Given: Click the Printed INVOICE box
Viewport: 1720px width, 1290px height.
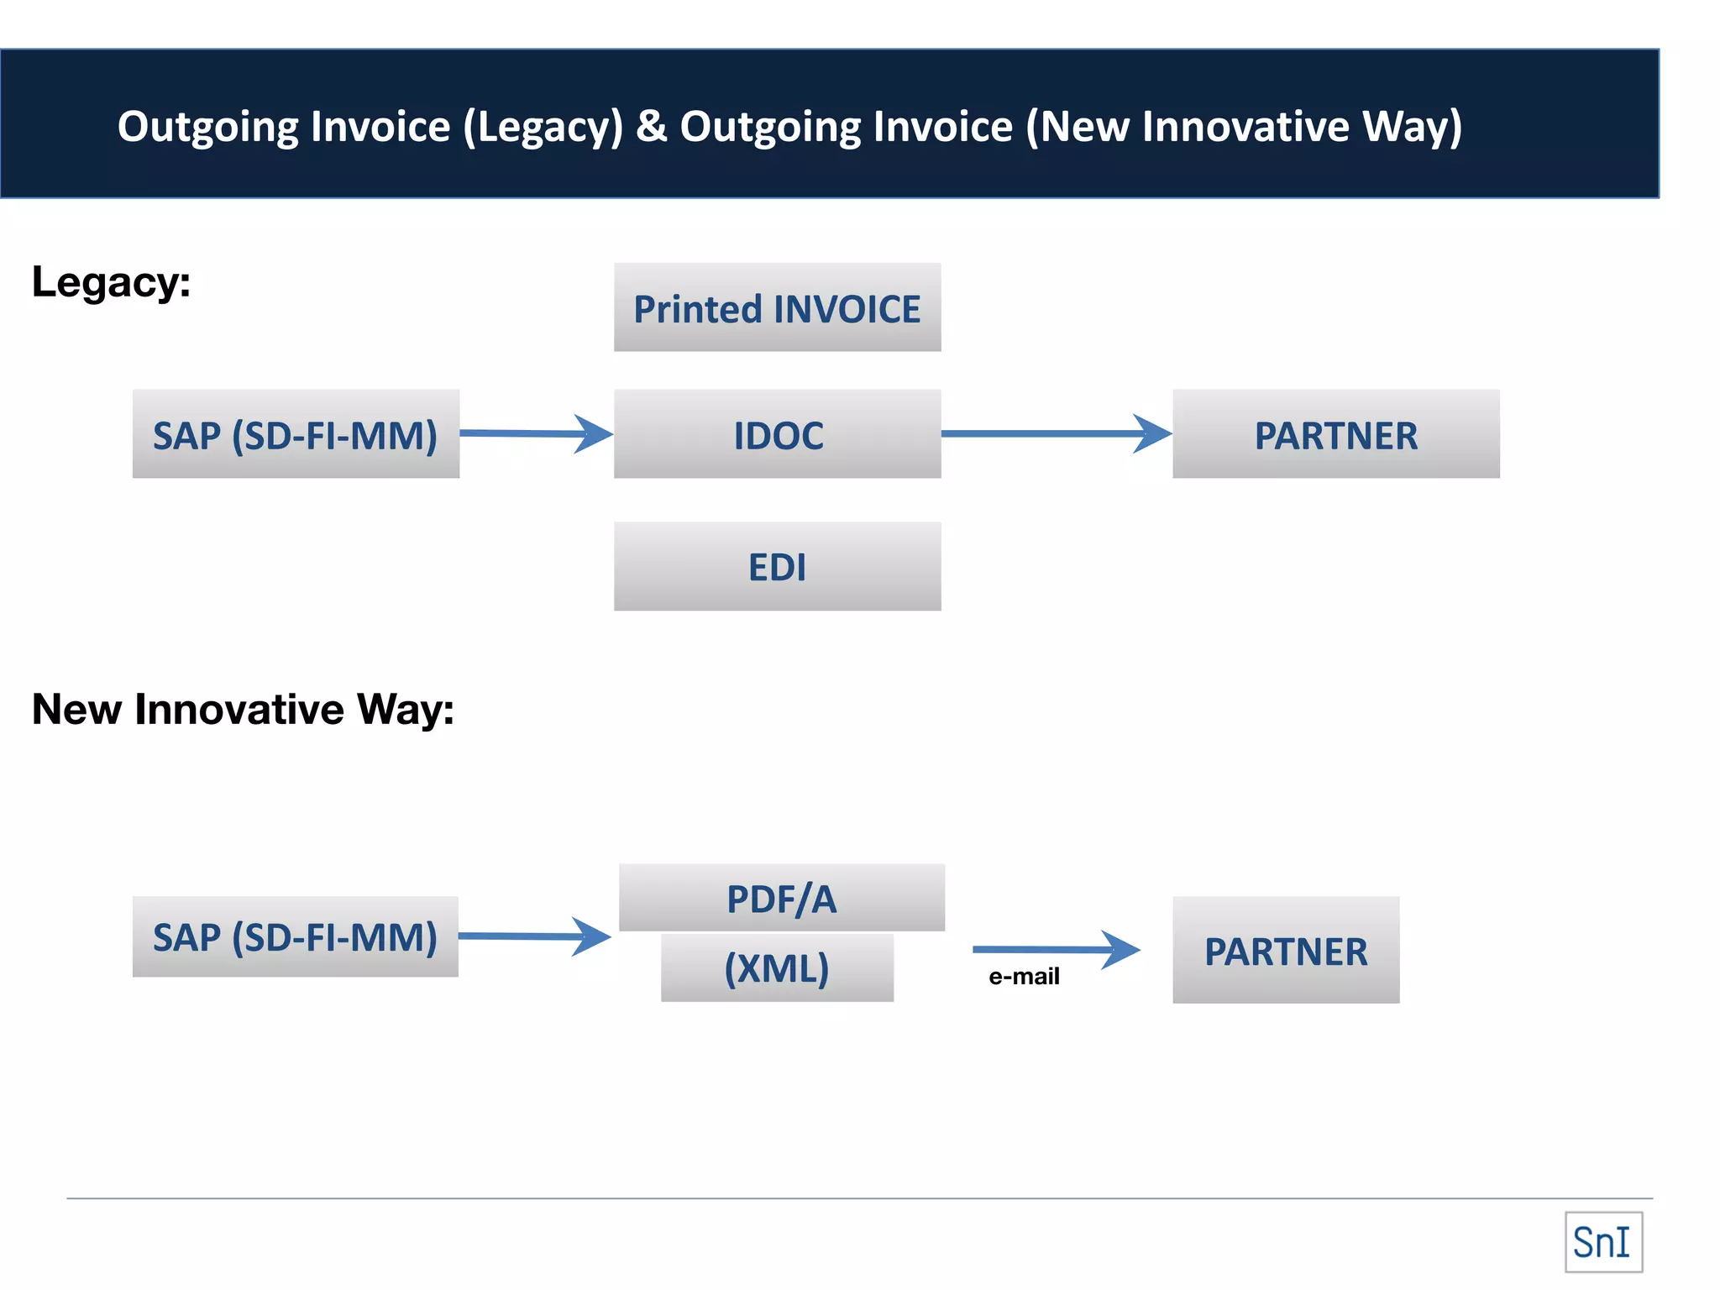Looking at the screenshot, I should [777, 307].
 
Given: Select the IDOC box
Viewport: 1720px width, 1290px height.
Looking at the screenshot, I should [777, 434].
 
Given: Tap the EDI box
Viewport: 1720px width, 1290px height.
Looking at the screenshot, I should [777, 566].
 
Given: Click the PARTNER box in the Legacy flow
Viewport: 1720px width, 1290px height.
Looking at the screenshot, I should [1335, 434].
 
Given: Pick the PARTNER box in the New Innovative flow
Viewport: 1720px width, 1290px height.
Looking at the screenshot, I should [1285, 950].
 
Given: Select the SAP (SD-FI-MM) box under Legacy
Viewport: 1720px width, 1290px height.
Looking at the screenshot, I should [296, 434].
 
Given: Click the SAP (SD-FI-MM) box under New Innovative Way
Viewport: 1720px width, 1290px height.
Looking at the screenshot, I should [296, 936].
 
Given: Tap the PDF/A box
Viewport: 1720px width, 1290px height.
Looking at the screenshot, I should [781, 897].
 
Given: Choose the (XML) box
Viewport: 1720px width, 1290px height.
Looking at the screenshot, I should [777, 968].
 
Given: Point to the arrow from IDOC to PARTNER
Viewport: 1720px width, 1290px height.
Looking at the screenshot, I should [1056, 433].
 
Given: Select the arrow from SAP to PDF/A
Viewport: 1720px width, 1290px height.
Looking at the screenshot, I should [534, 936].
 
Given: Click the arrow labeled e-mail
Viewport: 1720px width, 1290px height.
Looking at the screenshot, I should [1056, 949].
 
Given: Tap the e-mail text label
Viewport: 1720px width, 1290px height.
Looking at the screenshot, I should [1024, 977].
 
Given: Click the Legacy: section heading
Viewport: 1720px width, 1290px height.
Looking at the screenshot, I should [111, 282].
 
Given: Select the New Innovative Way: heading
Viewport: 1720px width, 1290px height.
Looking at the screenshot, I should [243, 709].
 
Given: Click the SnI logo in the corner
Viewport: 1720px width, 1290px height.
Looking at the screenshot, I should [1602, 1242].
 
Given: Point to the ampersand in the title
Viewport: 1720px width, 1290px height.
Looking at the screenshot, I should [651, 126].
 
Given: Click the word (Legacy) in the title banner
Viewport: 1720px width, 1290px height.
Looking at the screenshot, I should [543, 126].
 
